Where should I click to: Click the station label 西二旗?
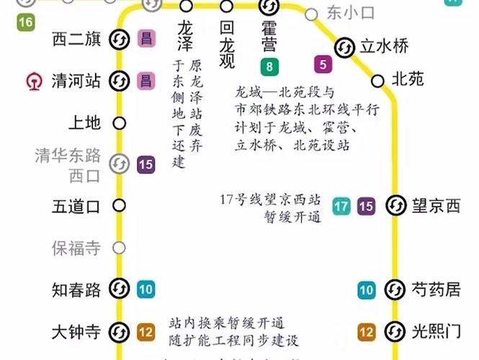76,39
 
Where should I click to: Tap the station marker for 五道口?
120,207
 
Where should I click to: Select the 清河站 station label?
76,81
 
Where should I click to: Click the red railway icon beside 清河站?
32,81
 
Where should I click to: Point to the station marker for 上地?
120,123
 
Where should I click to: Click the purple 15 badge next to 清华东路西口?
146,165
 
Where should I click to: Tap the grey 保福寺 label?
76,248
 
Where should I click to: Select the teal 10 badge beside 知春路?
146,290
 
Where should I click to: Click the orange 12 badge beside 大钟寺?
146,332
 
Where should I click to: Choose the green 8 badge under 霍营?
269,68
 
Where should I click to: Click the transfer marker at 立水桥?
344,47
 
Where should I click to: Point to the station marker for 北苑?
377,79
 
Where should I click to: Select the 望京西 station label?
435,207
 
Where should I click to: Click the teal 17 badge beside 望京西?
341,207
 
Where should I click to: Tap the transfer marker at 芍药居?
394,290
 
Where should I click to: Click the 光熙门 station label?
435,332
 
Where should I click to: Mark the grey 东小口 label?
341,13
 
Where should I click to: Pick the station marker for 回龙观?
227,6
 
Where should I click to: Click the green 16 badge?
26,22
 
